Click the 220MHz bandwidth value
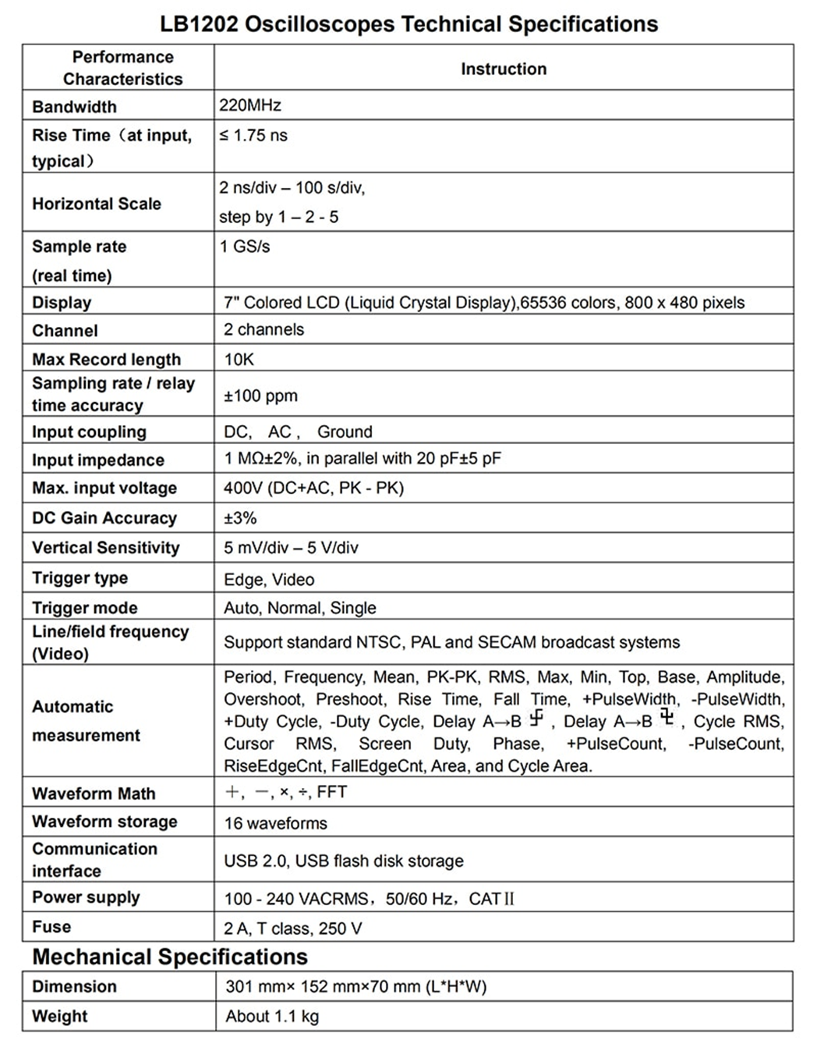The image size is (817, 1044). click(249, 105)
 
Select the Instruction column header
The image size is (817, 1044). click(504, 69)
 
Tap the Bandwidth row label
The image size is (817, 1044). click(74, 107)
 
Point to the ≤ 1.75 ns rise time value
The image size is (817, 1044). click(253, 135)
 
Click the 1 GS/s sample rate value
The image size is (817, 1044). click(245, 247)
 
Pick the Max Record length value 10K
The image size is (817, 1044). click(239, 360)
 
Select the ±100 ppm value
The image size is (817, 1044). click(260, 396)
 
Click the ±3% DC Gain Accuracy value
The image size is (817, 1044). click(240, 518)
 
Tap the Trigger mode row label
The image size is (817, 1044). click(84, 608)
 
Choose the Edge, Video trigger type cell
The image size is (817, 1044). click(269, 580)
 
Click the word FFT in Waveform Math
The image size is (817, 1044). click(332, 792)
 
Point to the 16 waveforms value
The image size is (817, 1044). click(275, 823)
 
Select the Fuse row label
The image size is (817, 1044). click(51, 927)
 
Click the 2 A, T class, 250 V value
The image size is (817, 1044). click(293, 929)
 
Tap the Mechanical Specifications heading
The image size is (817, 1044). click(170, 957)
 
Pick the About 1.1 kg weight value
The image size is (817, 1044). click(272, 1016)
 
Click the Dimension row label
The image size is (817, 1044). click(74, 986)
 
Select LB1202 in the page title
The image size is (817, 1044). click(200, 24)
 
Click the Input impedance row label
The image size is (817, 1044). click(98, 460)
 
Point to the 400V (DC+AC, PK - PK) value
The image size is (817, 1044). click(313, 488)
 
